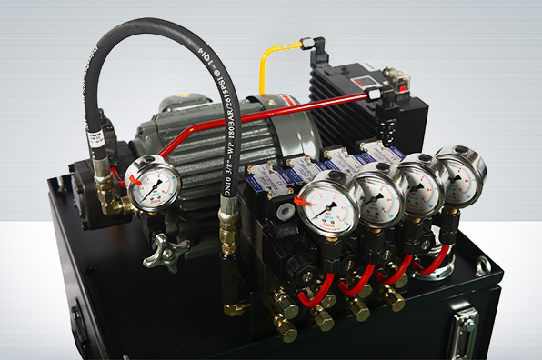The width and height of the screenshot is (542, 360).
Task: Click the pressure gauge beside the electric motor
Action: tap(153, 183)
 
